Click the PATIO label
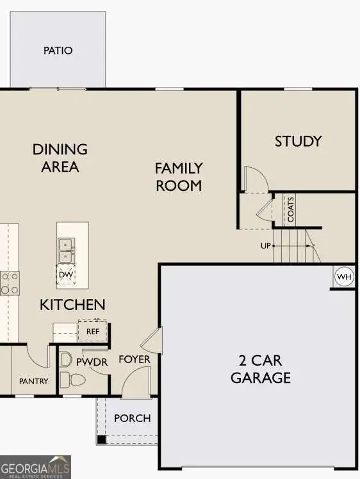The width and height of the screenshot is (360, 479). pyautogui.click(x=58, y=50)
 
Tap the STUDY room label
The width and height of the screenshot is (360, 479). pyautogui.click(x=298, y=141)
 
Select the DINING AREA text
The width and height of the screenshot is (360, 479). pyautogui.click(x=60, y=158)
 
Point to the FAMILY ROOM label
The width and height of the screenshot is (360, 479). pyautogui.click(x=179, y=177)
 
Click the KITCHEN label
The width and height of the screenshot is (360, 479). pyautogui.click(x=72, y=304)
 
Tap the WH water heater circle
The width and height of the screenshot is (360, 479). pyautogui.click(x=345, y=277)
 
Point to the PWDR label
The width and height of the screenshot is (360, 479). pyautogui.click(x=92, y=362)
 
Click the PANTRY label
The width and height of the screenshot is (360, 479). pyautogui.click(x=33, y=381)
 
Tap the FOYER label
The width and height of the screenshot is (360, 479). pyautogui.click(x=135, y=359)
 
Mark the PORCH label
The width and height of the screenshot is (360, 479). pyautogui.click(x=133, y=418)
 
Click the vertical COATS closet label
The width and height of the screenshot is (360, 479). pyautogui.click(x=290, y=210)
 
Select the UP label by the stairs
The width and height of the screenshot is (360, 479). pyautogui.click(x=265, y=246)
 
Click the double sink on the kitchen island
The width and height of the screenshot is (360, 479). pyautogui.click(x=65, y=250)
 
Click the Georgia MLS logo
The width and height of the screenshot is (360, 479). pyautogui.click(x=35, y=467)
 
